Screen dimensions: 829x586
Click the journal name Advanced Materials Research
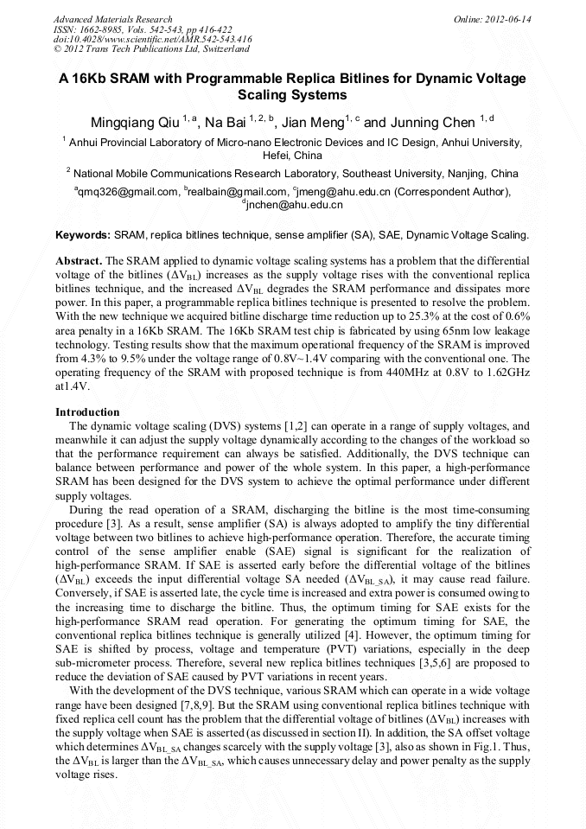tap(112, 19)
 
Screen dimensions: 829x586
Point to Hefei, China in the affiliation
tap(292, 156)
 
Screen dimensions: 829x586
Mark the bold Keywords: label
tap(83, 234)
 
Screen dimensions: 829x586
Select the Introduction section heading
tap(87, 412)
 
